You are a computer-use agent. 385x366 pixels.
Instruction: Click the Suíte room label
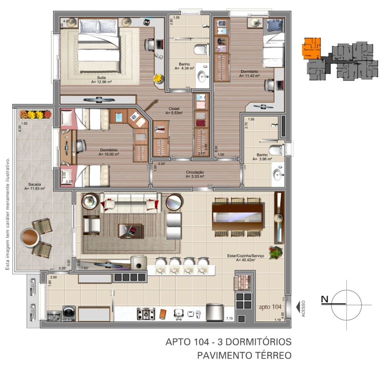pos(102,77)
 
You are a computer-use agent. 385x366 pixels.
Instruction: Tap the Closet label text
pos(174,108)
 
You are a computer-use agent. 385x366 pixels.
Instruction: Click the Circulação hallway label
pos(194,172)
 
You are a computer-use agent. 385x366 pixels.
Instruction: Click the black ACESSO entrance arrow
pos(298,306)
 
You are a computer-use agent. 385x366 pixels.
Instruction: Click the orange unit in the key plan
pos(311,48)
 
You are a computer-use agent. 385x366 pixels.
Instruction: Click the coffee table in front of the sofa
pos(130,231)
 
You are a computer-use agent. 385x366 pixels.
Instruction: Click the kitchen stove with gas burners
pos(146,314)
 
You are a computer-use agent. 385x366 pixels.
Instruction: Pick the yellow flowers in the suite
pos(157,78)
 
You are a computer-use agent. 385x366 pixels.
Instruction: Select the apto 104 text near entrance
pos(271,307)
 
